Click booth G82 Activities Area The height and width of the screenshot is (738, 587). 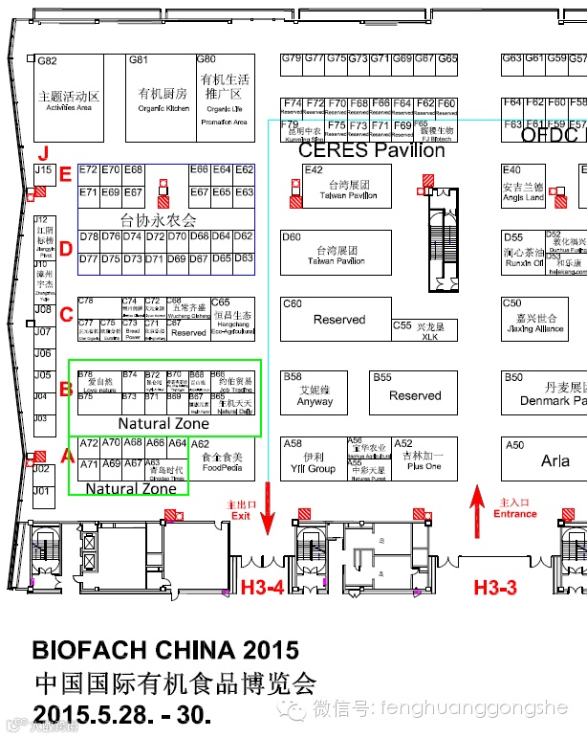tap(68, 97)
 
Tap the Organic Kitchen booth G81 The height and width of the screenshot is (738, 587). tap(163, 97)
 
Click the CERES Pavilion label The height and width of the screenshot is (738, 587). tap(371, 150)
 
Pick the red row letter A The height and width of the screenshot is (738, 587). tap(66, 458)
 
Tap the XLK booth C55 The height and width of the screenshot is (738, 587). tap(428, 331)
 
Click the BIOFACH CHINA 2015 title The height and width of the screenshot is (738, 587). tap(165, 649)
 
